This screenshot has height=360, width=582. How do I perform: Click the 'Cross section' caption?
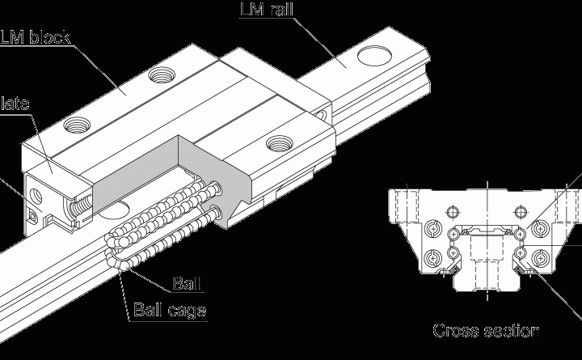[486, 330]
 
